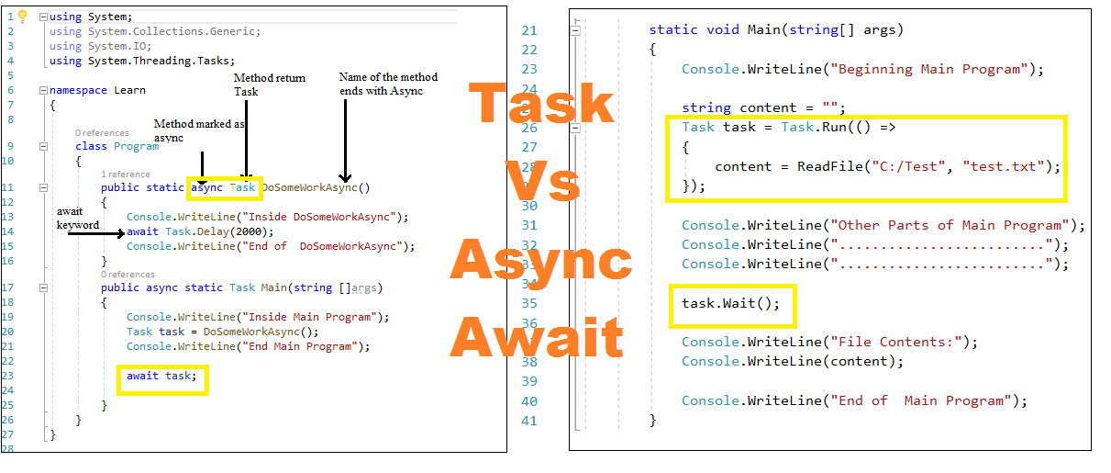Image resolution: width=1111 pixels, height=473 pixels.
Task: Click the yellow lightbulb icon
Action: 23,16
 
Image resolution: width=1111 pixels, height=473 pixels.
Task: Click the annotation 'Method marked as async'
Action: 199,130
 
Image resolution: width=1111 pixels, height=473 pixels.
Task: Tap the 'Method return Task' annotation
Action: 270,84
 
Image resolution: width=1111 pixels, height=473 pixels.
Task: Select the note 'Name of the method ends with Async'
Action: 388,84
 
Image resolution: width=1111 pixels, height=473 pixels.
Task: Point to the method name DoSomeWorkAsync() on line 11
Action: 316,187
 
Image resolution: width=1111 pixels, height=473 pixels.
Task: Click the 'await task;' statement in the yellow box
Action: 161,376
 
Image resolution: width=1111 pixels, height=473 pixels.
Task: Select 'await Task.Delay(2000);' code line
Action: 200,231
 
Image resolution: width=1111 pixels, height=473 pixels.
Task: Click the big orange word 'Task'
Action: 541,104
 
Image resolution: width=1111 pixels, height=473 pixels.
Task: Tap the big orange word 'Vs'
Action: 543,182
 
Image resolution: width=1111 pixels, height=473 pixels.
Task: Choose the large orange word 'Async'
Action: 541,263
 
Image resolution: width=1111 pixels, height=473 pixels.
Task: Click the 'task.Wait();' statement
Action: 730,303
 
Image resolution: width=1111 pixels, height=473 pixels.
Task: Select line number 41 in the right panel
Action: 529,421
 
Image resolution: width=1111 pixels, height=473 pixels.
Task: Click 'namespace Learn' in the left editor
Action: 97,90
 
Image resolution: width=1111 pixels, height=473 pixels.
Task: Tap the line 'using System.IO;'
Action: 100,46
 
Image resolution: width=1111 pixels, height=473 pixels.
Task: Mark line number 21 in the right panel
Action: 529,29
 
